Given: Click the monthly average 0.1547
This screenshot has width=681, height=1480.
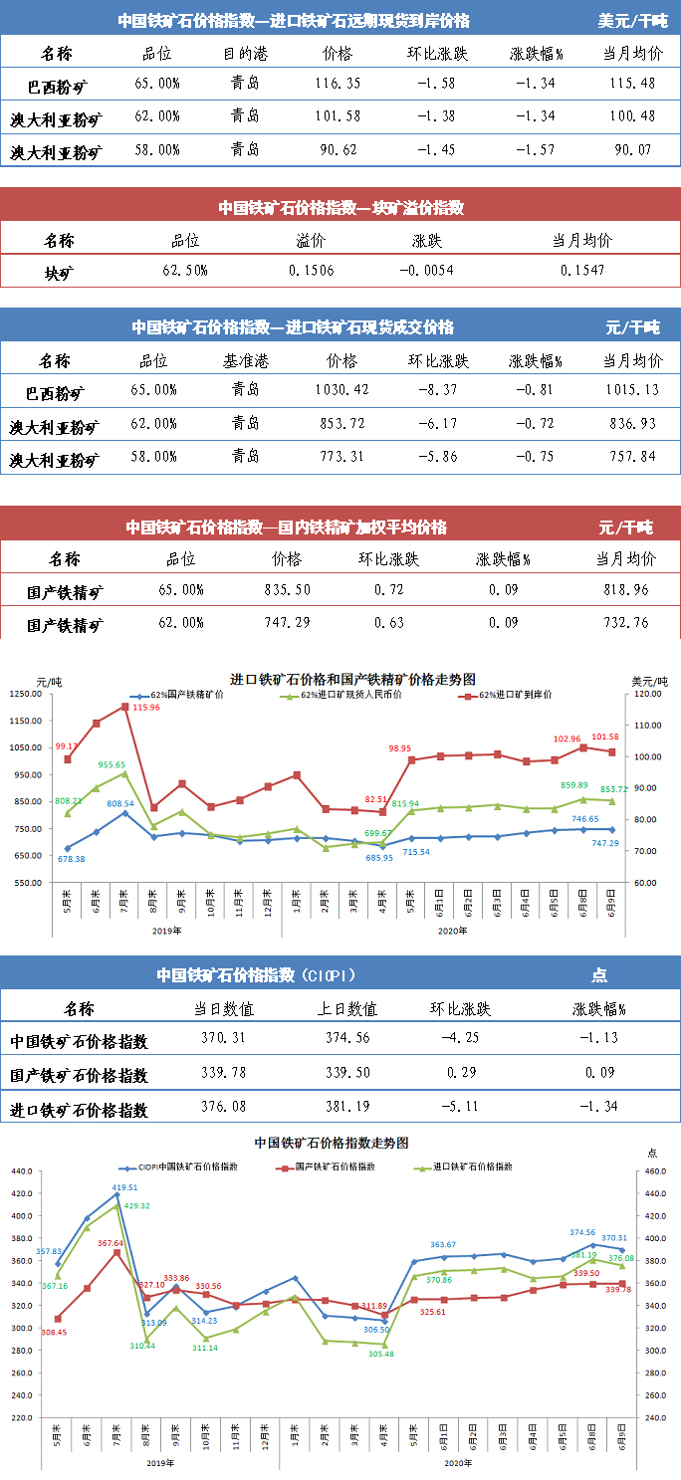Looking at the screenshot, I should tap(581, 271).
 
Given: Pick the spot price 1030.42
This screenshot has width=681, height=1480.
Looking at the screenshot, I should tap(340, 389).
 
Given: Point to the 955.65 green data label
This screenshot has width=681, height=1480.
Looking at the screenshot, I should tap(112, 764).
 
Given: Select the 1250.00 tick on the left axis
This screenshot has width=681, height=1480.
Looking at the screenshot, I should tap(26, 694).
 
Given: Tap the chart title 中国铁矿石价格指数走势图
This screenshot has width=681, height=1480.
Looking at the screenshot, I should tap(332, 1143).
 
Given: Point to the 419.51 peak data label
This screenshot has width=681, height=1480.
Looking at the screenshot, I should tap(124, 1187).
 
